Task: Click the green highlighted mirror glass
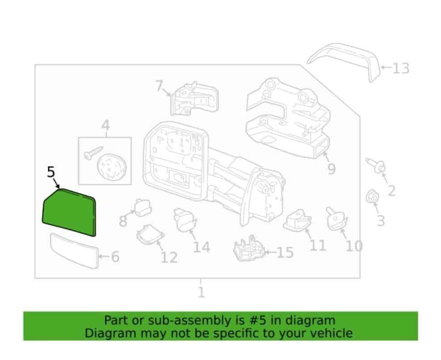(69, 212)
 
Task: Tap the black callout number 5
(50, 172)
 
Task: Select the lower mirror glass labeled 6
(74, 250)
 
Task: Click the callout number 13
(400, 68)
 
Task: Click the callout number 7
(159, 85)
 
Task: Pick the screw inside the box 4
(93, 153)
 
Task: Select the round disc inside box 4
(112, 167)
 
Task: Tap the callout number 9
(332, 169)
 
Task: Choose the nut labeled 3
(372, 197)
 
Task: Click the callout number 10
(354, 246)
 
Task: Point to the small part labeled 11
(298, 221)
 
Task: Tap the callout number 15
(286, 252)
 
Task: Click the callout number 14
(202, 247)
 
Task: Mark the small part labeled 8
(143, 208)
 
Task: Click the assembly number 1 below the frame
(201, 292)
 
